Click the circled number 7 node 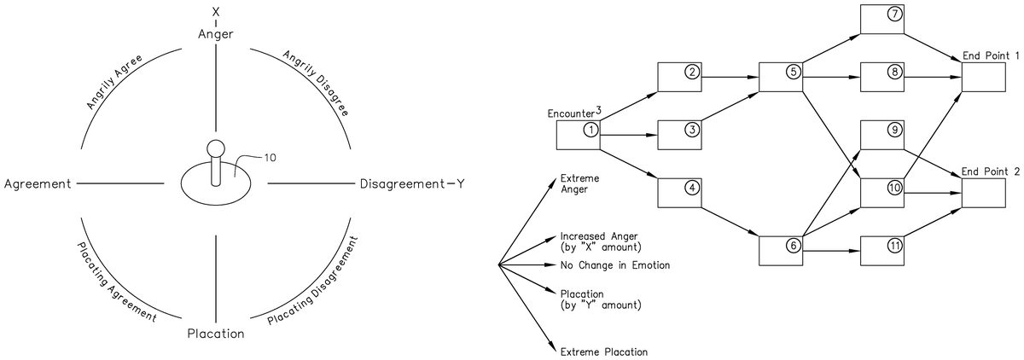[887, 19]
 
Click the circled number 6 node [783, 248]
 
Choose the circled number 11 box [887, 248]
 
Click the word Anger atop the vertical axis [217, 34]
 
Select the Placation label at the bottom [216, 334]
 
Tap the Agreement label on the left [38, 184]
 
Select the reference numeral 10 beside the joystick [270, 158]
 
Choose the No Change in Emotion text [614, 265]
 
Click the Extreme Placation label [602, 351]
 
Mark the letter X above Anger [217, 10]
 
